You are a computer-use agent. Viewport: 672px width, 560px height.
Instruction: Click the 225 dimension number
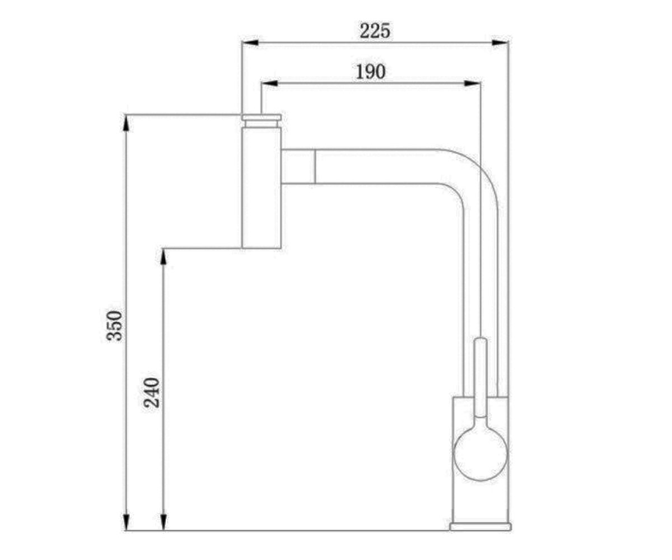pyautogui.click(x=375, y=31)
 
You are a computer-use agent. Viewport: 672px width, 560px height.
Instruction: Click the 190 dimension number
pyautogui.click(x=370, y=72)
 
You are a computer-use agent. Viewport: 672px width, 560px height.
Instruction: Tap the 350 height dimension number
pyautogui.click(x=115, y=326)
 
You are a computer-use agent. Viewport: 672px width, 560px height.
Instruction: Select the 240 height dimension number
pyautogui.click(x=152, y=393)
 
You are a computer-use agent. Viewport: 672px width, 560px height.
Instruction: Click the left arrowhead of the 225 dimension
pyautogui.click(x=250, y=43)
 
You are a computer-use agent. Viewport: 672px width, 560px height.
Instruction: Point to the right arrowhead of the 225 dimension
pyautogui.click(x=500, y=43)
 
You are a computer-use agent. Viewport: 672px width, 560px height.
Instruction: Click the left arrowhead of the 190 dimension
pyautogui.click(x=269, y=83)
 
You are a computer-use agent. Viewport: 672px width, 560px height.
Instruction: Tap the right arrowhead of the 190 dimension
pyautogui.click(x=472, y=83)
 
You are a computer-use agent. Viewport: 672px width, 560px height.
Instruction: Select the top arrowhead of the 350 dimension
pyautogui.click(x=126, y=123)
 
